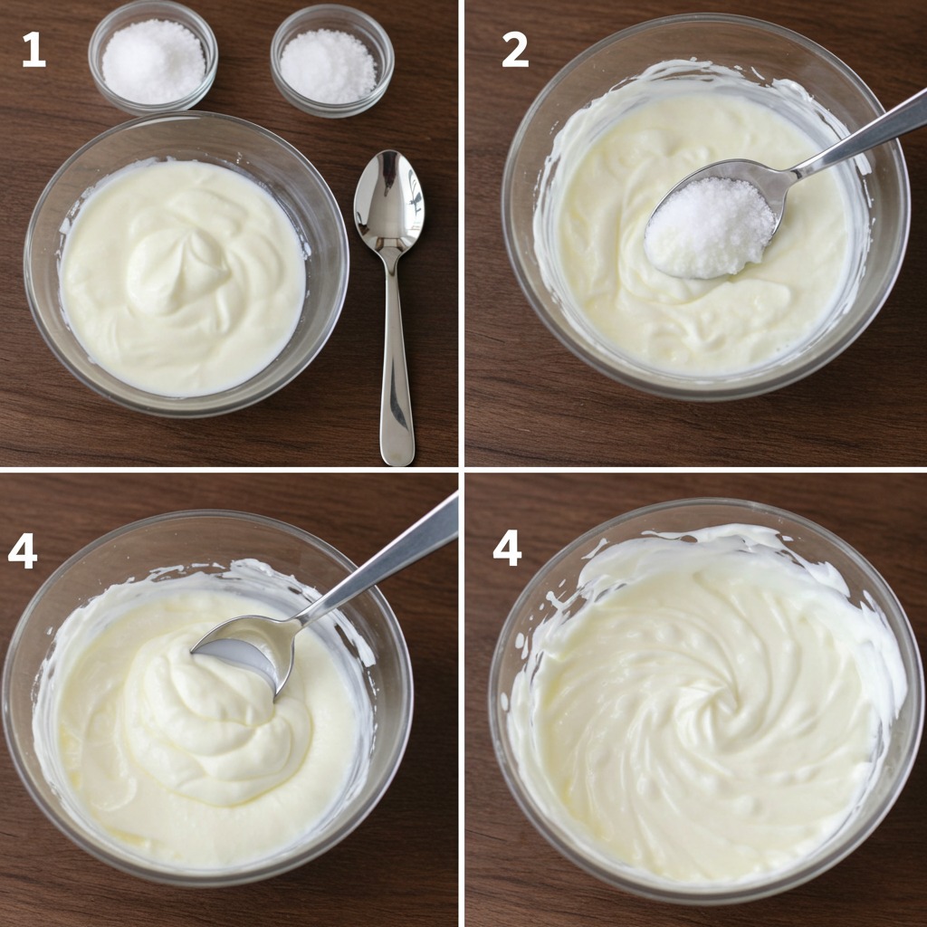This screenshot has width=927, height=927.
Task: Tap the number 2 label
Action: tap(515, 50)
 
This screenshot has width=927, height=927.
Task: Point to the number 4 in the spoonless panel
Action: tap(507, 548)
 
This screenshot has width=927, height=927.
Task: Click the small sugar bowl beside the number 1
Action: tap(153, 58)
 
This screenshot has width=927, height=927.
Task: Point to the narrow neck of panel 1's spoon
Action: tap(391, 265)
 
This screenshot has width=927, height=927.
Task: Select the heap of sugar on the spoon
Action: tap(709, 227)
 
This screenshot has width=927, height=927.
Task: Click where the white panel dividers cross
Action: tap(462, 470)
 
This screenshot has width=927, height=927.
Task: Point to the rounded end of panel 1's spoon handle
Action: tap(397, 456)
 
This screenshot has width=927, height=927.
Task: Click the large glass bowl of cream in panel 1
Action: tap(186, 263)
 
